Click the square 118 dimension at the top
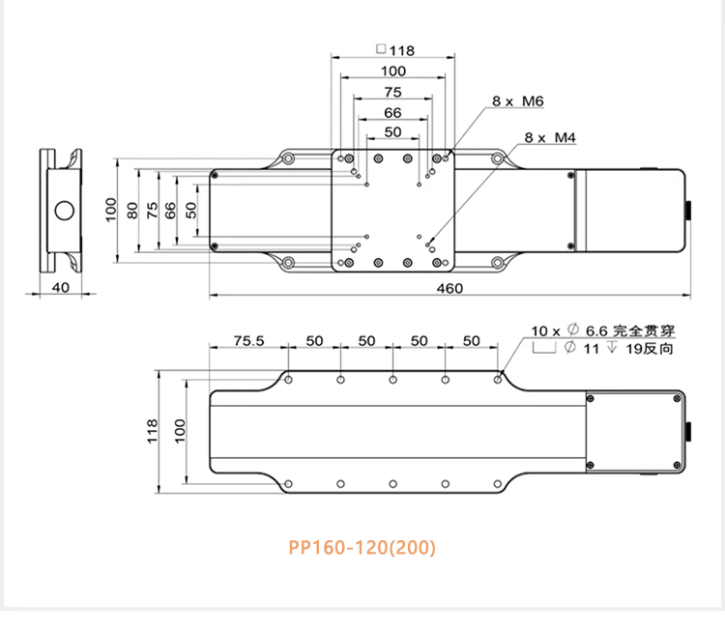pyautogui.click(x=394, y=51)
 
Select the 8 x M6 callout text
pyautogui.click(x=518, y=100)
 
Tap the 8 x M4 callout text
pyautogui.click(x=550, y=138)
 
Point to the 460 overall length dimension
pyautogui.click(x=449, y=288)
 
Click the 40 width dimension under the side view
pyautogui.click(x=61, y=287)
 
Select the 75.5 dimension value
pyautogui.click(x=249, y=341)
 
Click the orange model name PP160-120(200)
pyautogui.click(x=362, y=547)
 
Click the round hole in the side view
pyautogui.click(x=65, y=210)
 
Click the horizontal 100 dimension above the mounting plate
pyautogui.click(x=392, y=72)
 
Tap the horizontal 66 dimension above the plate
pyautogui.click(x=392, y=112)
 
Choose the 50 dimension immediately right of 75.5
pyautogui.click(x=315, y=341)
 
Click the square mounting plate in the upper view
pyautogui.click(x=392, y=211)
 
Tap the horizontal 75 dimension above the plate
pyautogui.click(x=392, y=92)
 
